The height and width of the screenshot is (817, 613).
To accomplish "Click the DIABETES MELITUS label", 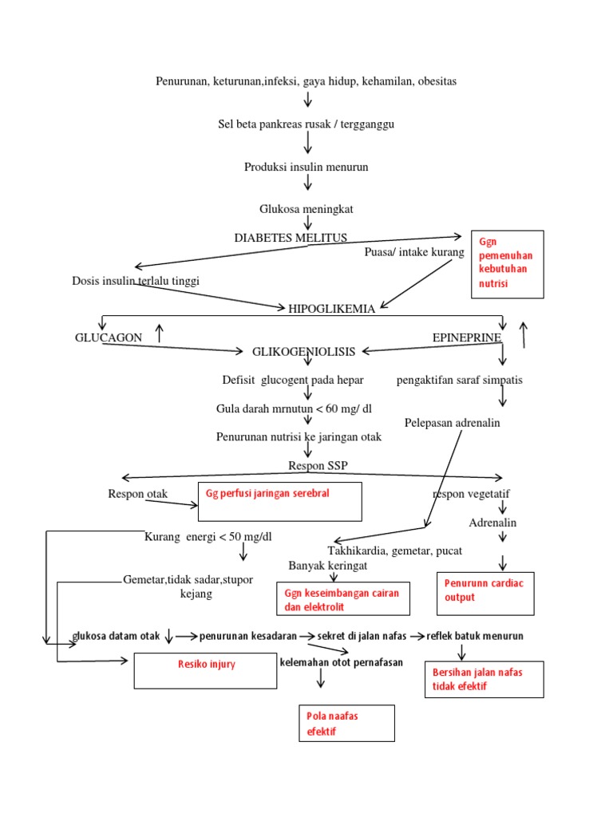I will tap(291, 238).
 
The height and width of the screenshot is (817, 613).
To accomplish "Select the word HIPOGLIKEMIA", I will tap(331, 309).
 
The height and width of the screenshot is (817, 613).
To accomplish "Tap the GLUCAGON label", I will tap(109, 337).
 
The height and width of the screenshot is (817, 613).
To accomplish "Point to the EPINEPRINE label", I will tap(466, 337).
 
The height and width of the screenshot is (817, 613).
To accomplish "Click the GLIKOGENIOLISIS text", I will tap(303, 351).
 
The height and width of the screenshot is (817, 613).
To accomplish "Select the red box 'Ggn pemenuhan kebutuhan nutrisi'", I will tap(508, 263).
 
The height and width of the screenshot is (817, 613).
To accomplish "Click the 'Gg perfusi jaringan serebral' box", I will tap(279, 501).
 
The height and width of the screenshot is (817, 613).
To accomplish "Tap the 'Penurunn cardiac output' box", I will tap(485, 593).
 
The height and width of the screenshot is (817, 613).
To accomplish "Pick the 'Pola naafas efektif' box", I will tap(346, 723).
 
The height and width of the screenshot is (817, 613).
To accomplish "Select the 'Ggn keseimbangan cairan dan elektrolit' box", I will tap(343, 600).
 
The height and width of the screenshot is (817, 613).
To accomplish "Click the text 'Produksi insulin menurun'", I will tap(306, 167).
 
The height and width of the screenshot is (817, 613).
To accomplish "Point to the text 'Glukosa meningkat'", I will tap(306, 209).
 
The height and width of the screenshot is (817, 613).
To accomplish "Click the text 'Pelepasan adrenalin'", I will tap(452, 423).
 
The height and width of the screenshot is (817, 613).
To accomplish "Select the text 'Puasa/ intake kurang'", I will tap(413, 253).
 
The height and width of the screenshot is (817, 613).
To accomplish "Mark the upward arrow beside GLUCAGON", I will tap(160, 334).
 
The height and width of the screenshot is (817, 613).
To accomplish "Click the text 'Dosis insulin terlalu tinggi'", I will tap(136, 281).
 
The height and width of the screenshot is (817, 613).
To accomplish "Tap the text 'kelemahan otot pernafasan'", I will tap(342, 662).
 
